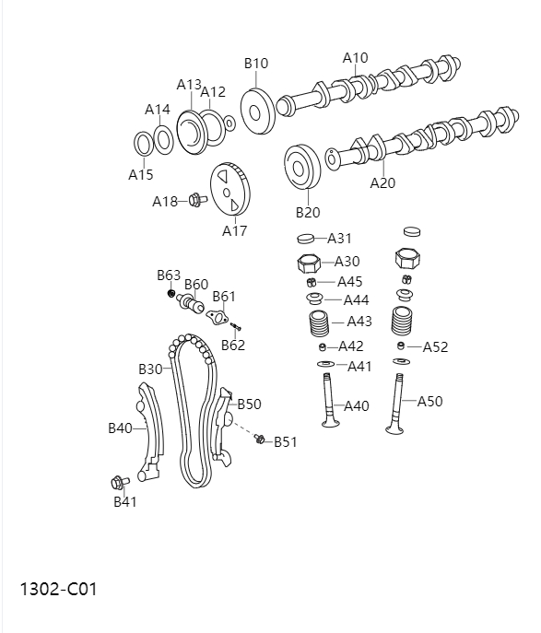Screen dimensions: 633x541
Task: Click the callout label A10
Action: click(355, 58)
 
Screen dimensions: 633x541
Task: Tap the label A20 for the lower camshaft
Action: click(382, 182)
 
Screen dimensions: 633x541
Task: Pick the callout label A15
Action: click(141, 174)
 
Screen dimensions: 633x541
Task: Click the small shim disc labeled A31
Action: click(307, 239)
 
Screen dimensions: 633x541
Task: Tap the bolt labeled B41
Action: click(118, 482)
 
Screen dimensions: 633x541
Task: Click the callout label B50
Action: click(249, 404)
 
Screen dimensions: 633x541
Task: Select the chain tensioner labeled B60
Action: click(193, 303)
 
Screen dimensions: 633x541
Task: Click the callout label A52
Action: click(435, 347)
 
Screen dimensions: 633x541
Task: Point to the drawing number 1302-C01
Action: click(58, 588)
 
